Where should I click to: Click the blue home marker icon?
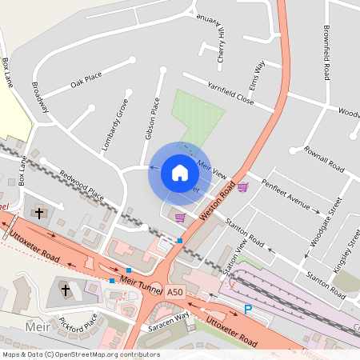(x=179, y=173)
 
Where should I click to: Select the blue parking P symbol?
(x=248, y=309)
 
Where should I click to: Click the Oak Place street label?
(x=86, y=79)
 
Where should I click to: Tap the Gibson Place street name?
(x=151, y=118)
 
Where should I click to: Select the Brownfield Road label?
(x=326, y=54)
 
